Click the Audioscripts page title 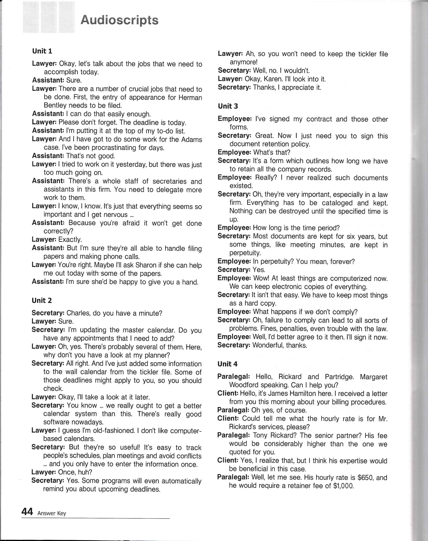[120, 20]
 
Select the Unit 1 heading [42, 51]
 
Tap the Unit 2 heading [42, 300]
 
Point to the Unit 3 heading [228, 106]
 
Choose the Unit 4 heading [227, 364]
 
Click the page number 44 [27, 512]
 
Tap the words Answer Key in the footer [52, 513]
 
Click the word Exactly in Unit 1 [70, 240]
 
